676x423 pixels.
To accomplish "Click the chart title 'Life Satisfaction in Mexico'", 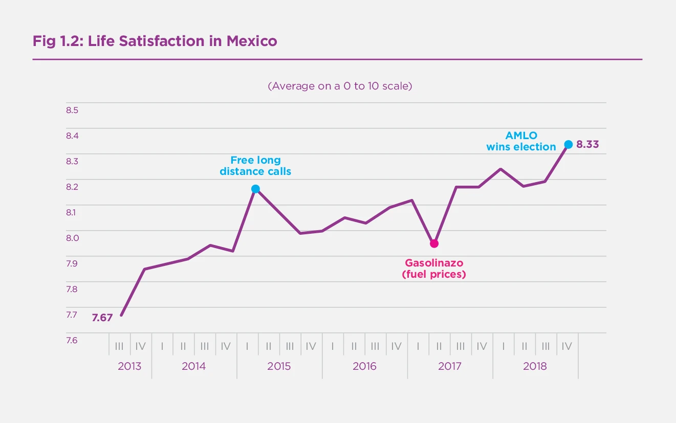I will pos(155,41).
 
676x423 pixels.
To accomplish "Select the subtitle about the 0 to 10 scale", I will pos(340,86).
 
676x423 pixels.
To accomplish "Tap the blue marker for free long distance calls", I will pos(255,189).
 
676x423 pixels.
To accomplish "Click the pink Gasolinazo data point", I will pos(434,243).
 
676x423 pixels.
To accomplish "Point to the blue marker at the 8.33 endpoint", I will pos(568,144).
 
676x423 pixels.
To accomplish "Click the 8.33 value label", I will pos(587,145).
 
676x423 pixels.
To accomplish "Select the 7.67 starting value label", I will pos(102,318).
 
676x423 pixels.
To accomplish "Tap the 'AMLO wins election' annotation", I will pos(521,141).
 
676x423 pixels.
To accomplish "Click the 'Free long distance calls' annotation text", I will pos(255,166).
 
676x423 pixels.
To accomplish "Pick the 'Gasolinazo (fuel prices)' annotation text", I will pos(434,269).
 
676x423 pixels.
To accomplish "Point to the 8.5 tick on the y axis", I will pos(72,110).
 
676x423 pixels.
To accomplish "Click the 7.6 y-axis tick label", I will pos(72,340).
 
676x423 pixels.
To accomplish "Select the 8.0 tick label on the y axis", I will pos(72,238).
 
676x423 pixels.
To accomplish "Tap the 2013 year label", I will pos(129,366).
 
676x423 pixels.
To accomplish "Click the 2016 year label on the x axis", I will pos(364,366).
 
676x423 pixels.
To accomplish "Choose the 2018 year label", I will pos(535,366).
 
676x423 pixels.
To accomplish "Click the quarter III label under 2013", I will pos(119,346).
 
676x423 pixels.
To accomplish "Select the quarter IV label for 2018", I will pos(566,346).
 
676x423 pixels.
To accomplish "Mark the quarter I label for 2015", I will pos(247,346).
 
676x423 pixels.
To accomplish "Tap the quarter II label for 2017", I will pos(439,346).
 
